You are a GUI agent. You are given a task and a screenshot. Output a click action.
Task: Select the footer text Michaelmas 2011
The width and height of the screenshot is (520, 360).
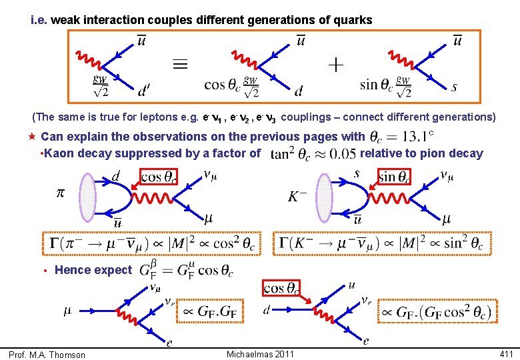pos(259,353)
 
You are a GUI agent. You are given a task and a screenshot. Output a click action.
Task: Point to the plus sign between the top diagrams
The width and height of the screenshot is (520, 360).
pos(336,65)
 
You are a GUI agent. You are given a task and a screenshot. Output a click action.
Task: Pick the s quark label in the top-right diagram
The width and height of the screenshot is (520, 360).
pos(454,87)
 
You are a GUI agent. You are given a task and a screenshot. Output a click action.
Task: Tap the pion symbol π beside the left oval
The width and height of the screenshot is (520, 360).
pos(61,193)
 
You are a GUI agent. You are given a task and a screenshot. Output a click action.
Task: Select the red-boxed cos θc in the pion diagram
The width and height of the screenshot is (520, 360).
pos(162,177)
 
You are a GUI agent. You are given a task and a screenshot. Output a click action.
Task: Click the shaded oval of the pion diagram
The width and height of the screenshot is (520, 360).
pos(89,197)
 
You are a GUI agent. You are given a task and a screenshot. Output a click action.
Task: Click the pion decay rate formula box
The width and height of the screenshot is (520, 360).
pos(151,243)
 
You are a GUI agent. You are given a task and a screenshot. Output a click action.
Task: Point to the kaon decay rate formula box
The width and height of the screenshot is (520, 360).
pos(385,243)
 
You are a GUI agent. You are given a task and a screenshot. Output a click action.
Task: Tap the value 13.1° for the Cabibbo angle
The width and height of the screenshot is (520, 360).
pos(401,137)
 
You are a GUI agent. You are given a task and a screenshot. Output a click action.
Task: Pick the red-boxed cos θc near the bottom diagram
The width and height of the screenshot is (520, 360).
pos(281,288)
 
